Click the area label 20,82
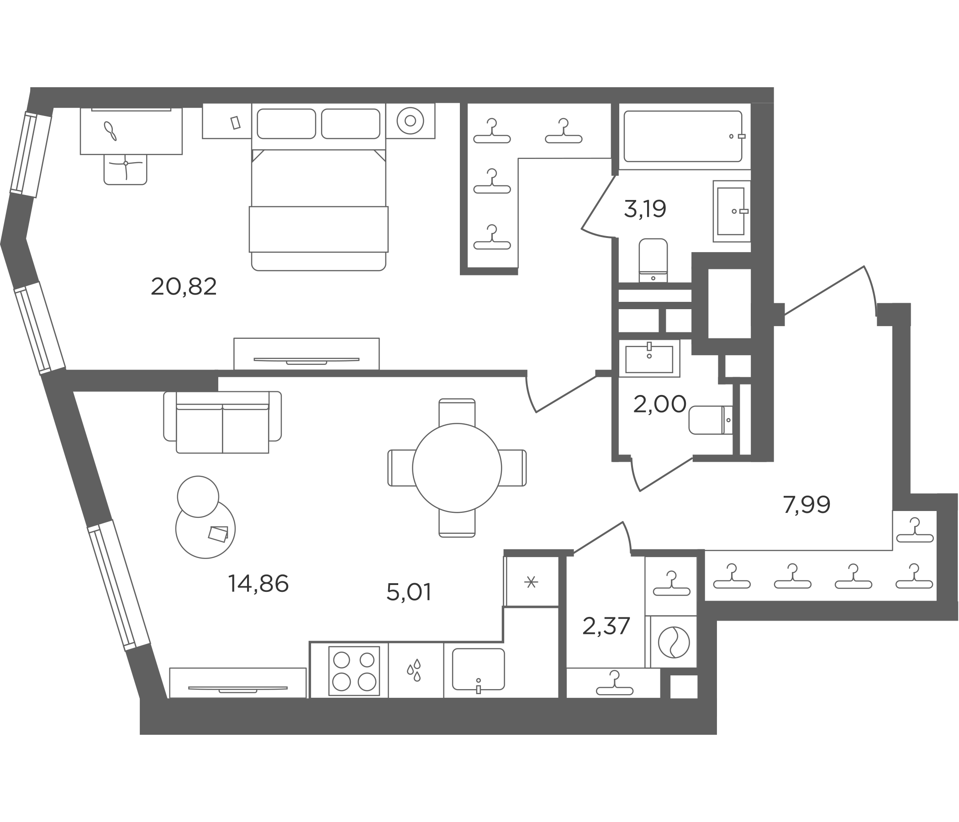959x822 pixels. tap(184, 286)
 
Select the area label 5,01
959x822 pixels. tap(409, 592)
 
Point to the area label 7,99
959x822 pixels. tap(806, 505)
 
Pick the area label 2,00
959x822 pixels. tap(659, 405)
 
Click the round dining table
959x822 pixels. tap(457, 468)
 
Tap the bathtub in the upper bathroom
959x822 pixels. tap(683, 136)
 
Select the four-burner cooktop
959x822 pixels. tap(354, 671)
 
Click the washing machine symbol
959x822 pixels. tap(674, 642)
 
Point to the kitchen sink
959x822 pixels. tap(478, 669)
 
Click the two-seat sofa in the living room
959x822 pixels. tap(223, 422)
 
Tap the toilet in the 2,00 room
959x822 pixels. tap(711, 420)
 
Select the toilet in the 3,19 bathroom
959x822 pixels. tap(653, 260)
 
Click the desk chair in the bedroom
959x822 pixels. tap(126, 169)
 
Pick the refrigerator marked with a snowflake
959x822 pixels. tap(532, 582)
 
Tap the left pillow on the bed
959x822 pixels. tap(286, 124)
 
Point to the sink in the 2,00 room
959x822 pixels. tap(649, 358)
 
